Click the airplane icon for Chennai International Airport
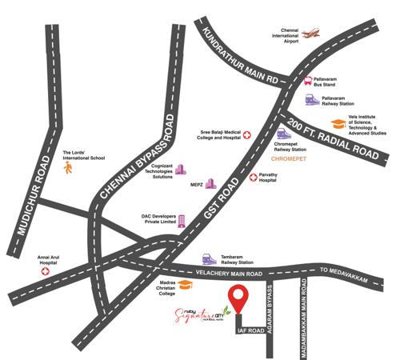(x=310, y=34)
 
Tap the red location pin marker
(x=237, y=298)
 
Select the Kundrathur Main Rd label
(x=241, y=60)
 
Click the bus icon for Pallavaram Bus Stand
(x=308, y=81)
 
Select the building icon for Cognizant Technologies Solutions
(x=180, y=170)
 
